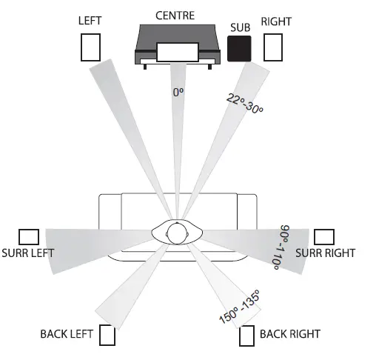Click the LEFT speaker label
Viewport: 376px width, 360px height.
click(90, 21)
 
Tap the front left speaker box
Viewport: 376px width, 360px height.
click(90, 47)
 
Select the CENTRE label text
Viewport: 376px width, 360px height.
click(175, 14)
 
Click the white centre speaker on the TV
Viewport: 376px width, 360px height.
click(177, 52)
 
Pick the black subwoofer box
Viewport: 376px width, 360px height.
click(241, 48)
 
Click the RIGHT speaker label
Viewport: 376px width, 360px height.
click(276, 21)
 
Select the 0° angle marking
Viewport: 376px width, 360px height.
click(178, 93)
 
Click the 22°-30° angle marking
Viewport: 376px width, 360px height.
click(245, 103)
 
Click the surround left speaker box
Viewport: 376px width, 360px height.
click(29, 237)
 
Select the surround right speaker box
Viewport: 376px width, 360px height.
click(324, 237)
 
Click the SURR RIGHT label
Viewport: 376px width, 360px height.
click(325, 253)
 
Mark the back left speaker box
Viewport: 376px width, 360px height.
click(107, 336)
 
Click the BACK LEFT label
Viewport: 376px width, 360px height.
click(67, 334)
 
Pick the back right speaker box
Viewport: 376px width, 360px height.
click(247, 336)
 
